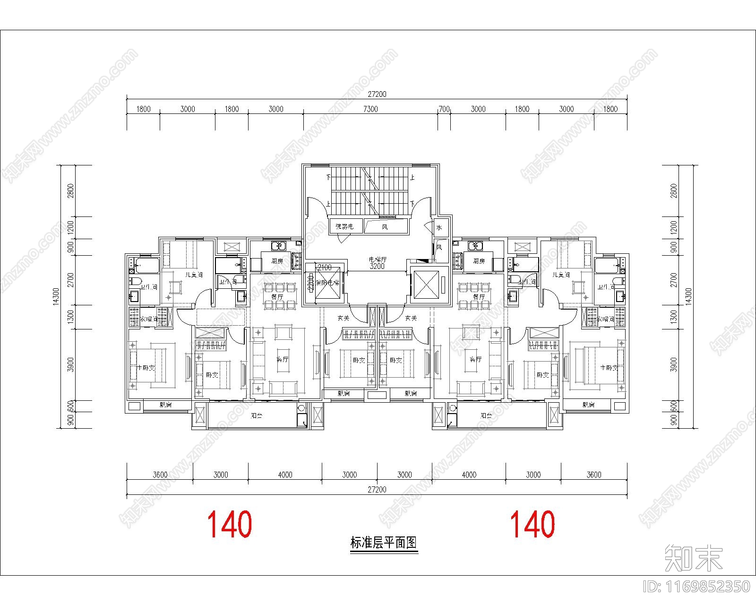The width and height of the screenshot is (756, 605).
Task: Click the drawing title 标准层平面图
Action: click(384, 543)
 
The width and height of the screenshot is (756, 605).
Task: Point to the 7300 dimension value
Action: click(370, 109)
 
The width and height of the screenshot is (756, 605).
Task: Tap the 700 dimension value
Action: click(444, 109)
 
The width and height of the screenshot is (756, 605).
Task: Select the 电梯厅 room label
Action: click(378, 259)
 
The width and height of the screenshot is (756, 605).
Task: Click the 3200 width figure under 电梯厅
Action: click(377, 266)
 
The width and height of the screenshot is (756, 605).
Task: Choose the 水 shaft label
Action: click(439, 228)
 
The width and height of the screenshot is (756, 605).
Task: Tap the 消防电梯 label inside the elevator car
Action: click(327, 283)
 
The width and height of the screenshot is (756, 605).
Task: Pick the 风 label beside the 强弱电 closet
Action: click(385, 227)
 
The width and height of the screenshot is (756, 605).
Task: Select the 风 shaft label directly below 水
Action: click(439, 247)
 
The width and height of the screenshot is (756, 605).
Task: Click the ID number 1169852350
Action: click(697, 587)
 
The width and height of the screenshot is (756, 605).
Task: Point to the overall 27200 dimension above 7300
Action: click(377, 95)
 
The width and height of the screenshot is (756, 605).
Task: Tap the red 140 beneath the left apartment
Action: click(230, 524)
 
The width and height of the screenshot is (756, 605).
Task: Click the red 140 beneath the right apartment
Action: click(533, 524)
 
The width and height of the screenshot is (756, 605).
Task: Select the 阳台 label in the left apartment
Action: click(257, 416)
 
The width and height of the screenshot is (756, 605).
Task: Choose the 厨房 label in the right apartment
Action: click(479, 261)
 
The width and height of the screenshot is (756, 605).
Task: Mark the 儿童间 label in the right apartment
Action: click(561, 275)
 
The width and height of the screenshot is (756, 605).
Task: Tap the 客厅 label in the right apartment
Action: click(475, 359)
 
